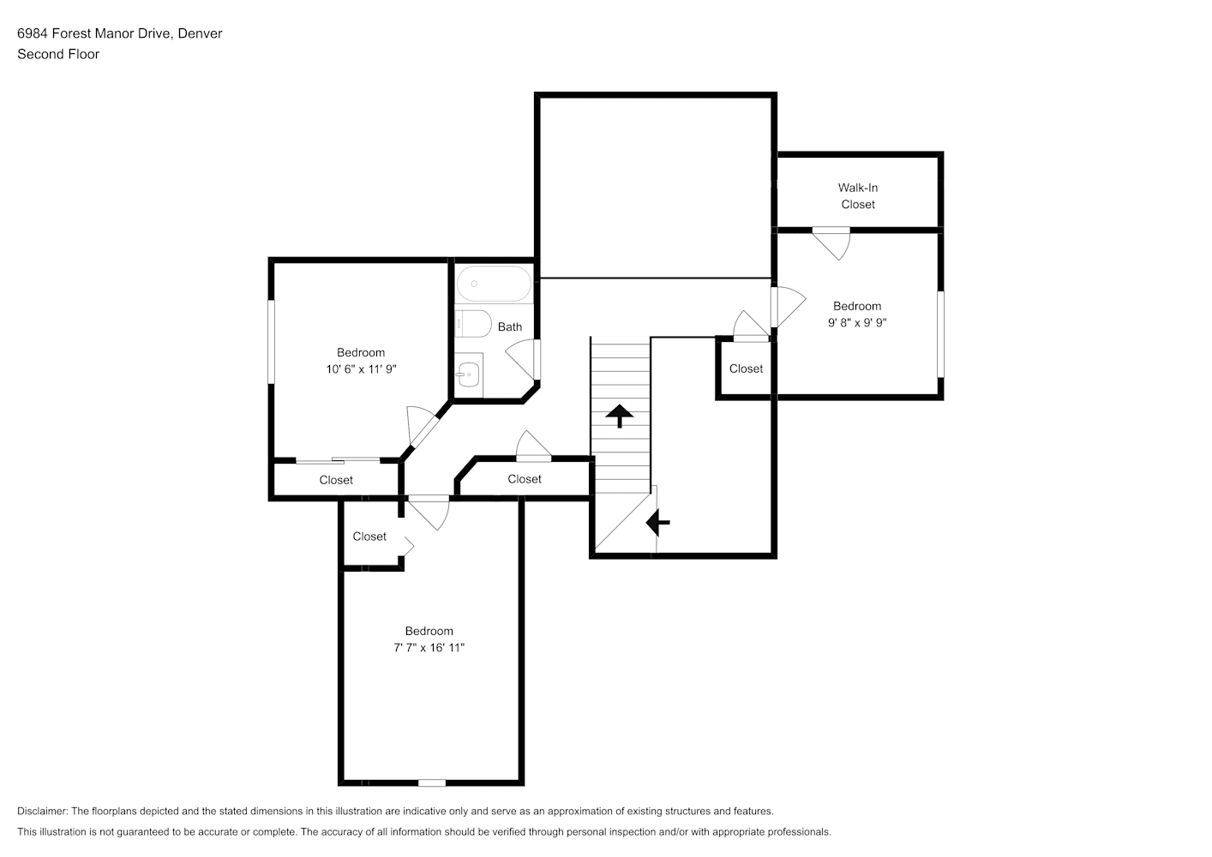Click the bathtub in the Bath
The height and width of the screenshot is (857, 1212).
494,284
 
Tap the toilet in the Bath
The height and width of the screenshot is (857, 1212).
473,324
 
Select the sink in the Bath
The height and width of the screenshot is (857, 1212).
469,375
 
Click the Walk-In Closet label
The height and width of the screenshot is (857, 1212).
858,196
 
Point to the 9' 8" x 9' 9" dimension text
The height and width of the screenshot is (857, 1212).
857,322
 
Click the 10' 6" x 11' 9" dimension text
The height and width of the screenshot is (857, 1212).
361,369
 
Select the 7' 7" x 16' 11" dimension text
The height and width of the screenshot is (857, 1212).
429,648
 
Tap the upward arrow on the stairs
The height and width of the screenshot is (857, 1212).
619,416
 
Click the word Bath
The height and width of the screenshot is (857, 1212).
510,327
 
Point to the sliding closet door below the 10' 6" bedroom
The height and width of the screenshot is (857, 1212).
338,460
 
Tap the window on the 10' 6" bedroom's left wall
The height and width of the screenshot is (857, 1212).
271,342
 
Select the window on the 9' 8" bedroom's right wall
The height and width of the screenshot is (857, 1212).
940,334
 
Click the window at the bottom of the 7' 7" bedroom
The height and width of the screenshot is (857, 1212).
432,782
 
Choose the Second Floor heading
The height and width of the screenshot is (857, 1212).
58,54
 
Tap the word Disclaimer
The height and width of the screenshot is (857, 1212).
43,811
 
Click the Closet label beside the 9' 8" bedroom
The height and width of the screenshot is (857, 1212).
746,369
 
